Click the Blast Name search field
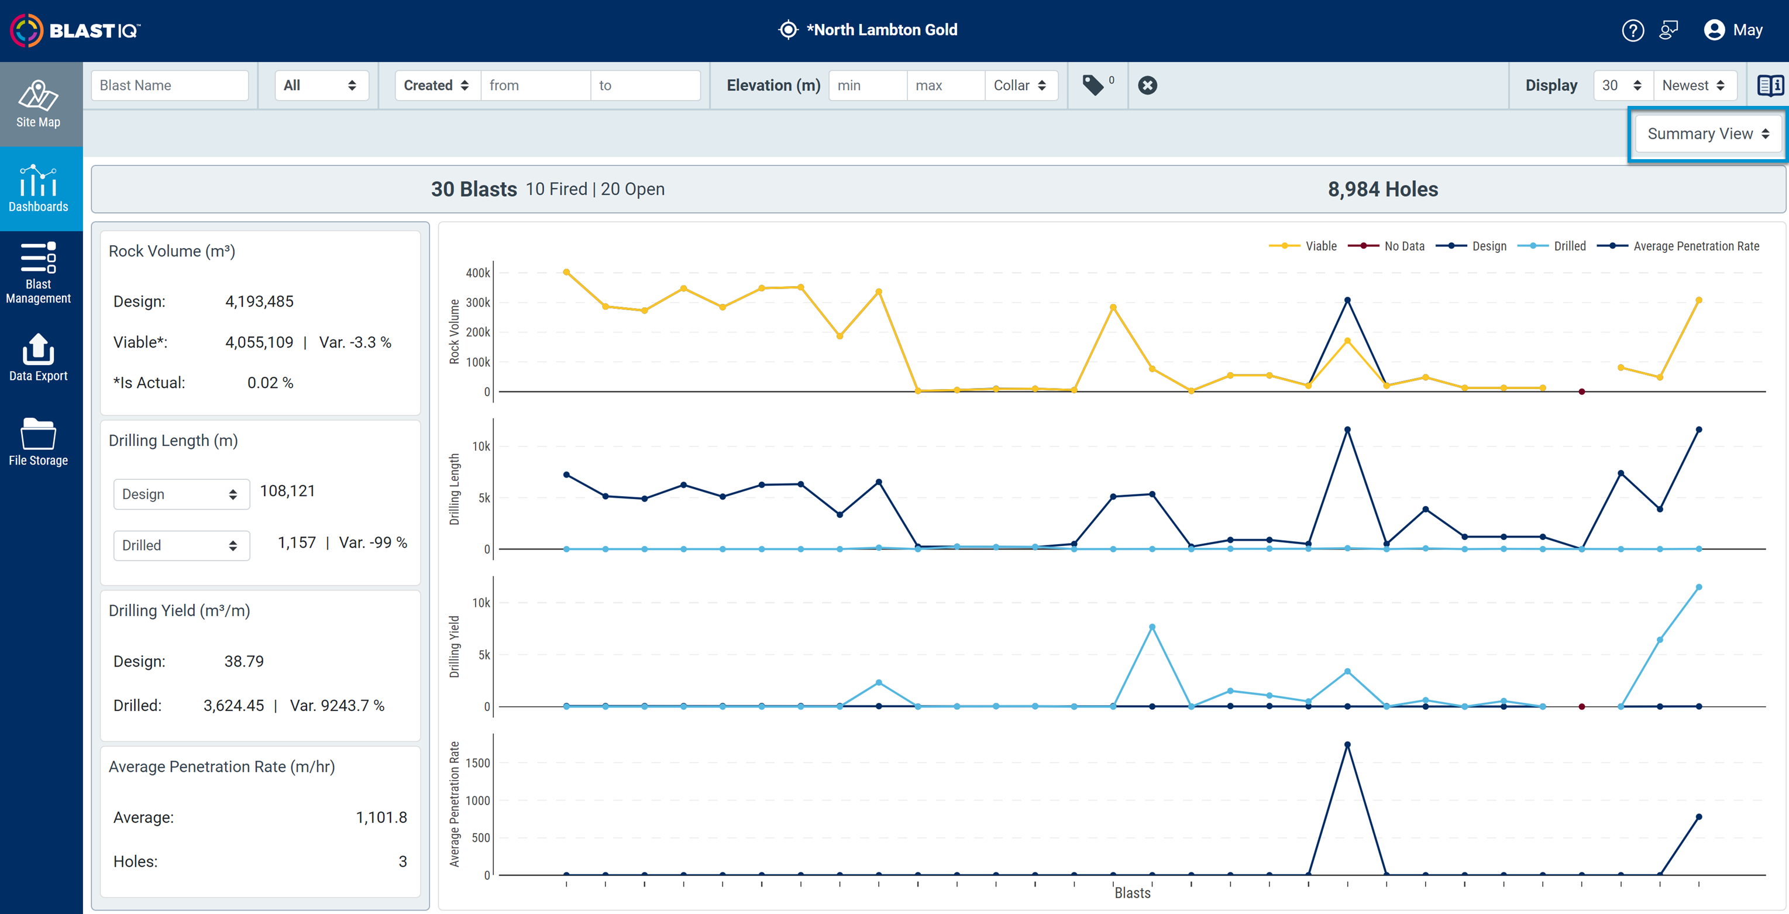(x=170, y=85)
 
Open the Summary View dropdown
(x=1708, y=134)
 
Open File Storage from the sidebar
(x=38, y=442)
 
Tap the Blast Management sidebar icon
(x=38, y=257)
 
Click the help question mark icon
(x=1633, y=30)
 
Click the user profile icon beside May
(x=1714, y=30)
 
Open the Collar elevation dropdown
(x=1020, y=85)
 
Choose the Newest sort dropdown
(x=1694, y=85)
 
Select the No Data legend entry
(x=1386, y=246)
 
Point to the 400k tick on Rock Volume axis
(x=478, y=273)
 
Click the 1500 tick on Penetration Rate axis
(x=478, y=762)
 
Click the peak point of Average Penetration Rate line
(x=1347, y=744)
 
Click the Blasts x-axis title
(x=1133, y=893)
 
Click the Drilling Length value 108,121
(x=287, y=491)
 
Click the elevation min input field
(x=868, y=85)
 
